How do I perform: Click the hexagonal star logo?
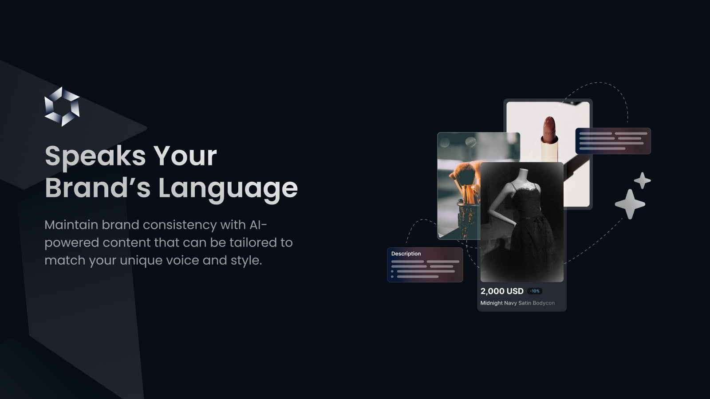pos(62,106)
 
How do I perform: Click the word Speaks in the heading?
pos(95,156)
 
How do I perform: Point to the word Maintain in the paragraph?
pos(71,225)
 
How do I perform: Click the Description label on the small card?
pos(406,254)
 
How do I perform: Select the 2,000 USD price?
pos(502,291)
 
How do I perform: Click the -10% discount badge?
pos(535,291)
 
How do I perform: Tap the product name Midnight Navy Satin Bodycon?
pos(517,303)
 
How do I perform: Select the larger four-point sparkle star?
pos(630,204)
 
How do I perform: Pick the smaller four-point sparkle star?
pos(642,180)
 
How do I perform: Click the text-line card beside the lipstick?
pos(613,141)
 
